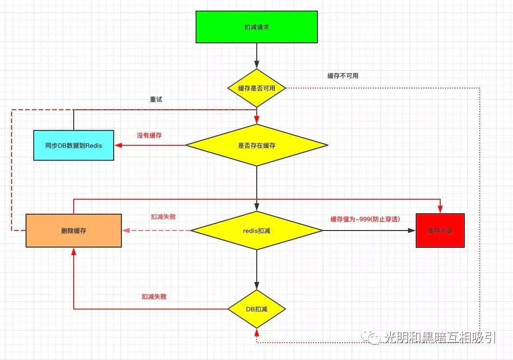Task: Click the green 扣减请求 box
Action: click(x=256, y=27)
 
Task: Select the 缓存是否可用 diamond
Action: click(x=257, y=88)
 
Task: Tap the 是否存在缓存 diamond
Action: click(x=257, y=145)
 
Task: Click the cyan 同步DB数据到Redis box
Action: click(x=74, y=145)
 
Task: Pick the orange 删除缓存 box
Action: click(x=74, y=231)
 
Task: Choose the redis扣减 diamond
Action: click(x=257, y=231)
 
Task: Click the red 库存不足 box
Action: click(x=440, y=231)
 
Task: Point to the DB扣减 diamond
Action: click(x=257, y=309)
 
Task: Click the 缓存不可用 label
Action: click(x=343, y=76)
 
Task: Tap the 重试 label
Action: click(x=156, y=99)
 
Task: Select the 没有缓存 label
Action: click(x=149, y=136)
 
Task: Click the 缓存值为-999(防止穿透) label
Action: click(x=365, y=219)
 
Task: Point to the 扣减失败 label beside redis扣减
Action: click(x=163, y=217)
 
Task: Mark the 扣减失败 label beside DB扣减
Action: click(x=154, y=297)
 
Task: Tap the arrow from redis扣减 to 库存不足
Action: click(x=368, y=231)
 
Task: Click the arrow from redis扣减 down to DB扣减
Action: click(x=257, y=270)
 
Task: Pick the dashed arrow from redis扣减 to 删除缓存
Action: click(x=157, y=231)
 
